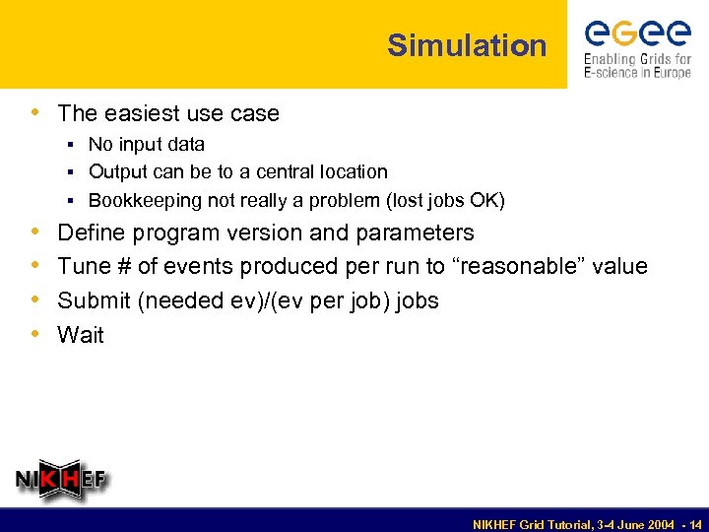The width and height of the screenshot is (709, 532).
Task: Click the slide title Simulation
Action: coord(467,45)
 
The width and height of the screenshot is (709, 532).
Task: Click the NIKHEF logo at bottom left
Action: coord(61,481)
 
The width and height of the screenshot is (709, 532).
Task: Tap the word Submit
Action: coord(95,300)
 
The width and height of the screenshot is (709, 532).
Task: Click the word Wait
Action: coord(81,335)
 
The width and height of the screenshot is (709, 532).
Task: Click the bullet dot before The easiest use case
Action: coord(37,113)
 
